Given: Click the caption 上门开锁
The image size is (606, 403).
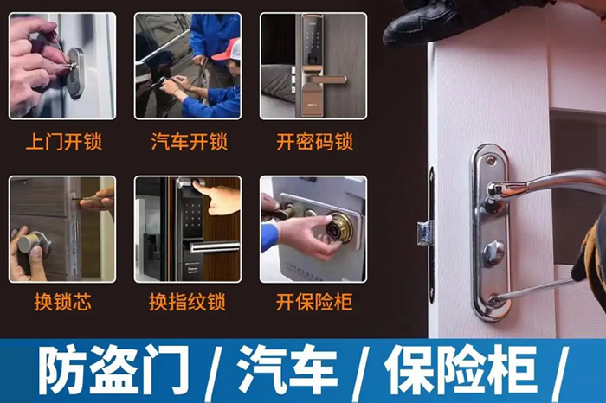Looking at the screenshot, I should click(63, 141).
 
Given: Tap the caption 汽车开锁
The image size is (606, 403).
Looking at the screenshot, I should click(189, 141).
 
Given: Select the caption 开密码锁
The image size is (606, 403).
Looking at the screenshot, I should click(314, 141).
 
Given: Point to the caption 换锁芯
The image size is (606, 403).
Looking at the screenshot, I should click(62, 302).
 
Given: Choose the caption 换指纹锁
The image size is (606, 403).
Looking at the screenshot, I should click(188, 302).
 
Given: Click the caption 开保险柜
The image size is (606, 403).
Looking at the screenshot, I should click(314, 302).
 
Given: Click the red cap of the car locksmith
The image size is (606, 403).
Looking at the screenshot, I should click(228, 49).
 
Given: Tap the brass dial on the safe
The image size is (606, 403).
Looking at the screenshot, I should click(338, 227).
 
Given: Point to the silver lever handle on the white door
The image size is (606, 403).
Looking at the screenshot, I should click(554, 181).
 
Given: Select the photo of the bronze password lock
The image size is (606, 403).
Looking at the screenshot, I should click(313, 65).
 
